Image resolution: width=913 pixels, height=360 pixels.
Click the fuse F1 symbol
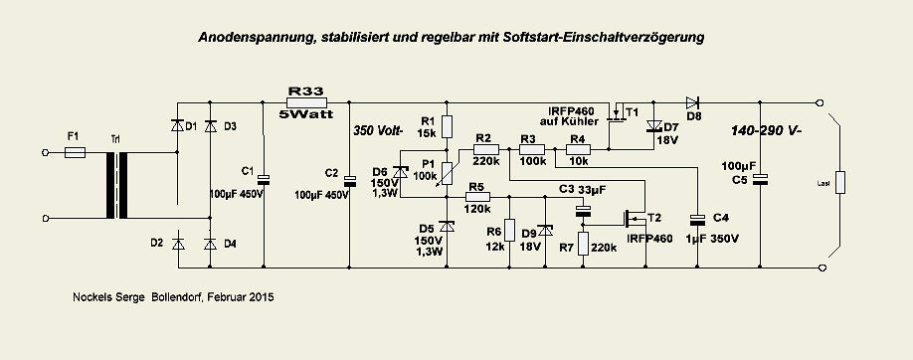77,152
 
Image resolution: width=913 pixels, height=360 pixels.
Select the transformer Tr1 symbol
115,184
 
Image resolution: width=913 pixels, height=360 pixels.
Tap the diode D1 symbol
178,125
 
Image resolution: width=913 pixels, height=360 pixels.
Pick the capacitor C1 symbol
264,179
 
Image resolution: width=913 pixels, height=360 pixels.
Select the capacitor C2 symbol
349,181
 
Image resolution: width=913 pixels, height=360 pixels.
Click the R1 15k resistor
447,126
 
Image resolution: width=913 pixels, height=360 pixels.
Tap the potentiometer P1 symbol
447,175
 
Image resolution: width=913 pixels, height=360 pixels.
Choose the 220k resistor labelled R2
485,150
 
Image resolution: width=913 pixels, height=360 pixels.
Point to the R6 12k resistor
509,231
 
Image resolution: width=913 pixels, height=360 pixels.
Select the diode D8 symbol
693,101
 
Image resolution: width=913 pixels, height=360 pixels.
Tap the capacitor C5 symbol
761,179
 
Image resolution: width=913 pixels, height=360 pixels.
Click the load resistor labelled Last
840,183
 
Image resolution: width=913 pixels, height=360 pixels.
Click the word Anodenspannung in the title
255,37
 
